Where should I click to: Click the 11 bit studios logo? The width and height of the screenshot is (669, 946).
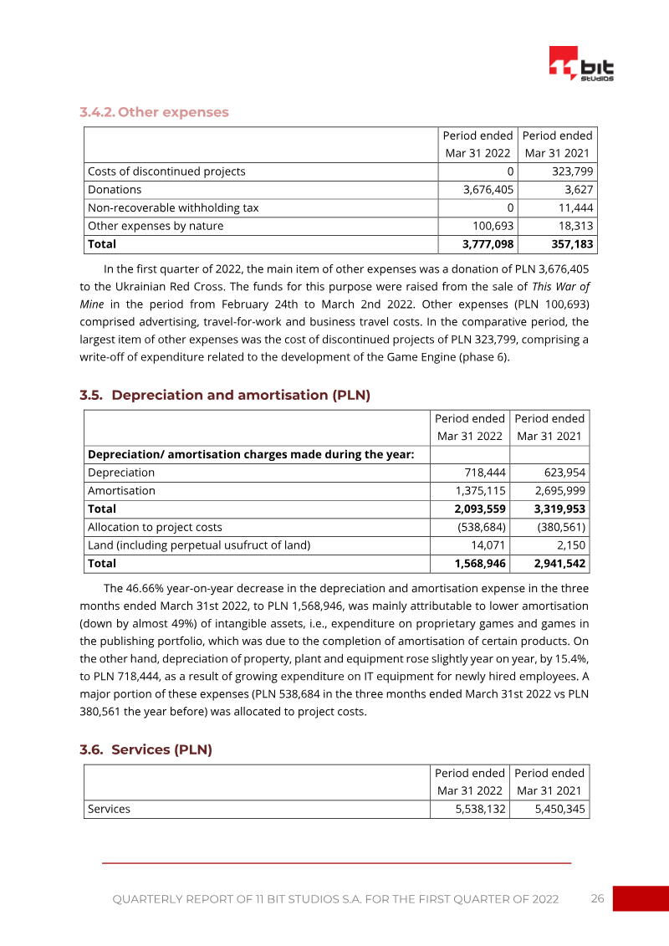click(581, 64)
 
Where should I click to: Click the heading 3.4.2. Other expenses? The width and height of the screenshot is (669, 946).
click(154, 112)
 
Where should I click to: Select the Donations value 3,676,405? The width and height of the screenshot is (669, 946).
click(489, 190)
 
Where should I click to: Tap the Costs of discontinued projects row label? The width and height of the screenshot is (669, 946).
click(166, 171)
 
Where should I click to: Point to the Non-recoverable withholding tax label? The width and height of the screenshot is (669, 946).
click(173, 208)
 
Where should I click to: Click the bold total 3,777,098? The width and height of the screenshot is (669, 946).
click(489, 244)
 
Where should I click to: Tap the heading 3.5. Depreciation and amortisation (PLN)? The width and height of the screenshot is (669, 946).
click(225, 395)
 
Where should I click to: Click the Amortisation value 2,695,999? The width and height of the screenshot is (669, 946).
click(559, 491)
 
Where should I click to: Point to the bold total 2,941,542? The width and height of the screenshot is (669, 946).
click(559, 564)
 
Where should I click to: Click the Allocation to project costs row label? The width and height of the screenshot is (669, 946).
click(155, 527)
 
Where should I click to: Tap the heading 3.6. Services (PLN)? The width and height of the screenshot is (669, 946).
click(146, 749)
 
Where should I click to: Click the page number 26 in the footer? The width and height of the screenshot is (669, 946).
click(597, 898)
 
